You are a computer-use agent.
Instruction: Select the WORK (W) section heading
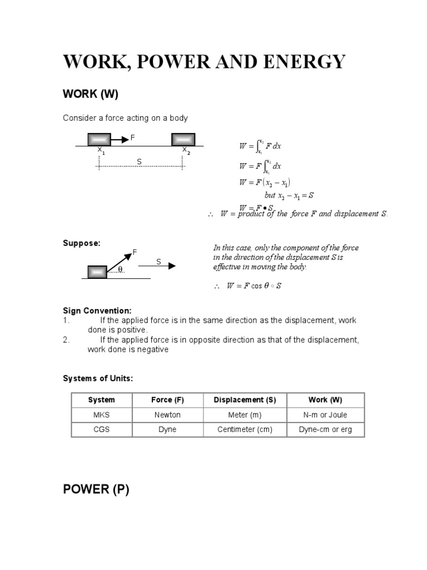tap(91, 94)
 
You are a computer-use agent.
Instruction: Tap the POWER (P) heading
tap(96, 490)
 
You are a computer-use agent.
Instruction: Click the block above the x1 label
tap(100, 139)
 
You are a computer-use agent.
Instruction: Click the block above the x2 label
tap(183, 139)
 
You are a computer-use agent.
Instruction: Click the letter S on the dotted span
tap(140, 161)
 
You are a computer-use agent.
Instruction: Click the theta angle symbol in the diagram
tap(120, 270)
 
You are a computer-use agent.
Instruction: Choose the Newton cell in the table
tap(167, 415)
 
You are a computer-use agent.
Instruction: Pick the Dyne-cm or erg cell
tap(325, 430)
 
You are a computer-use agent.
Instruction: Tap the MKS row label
tap(101, 415)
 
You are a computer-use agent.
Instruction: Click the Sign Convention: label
tap(97, 311)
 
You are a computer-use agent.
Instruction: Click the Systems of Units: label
tap(98, 379)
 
